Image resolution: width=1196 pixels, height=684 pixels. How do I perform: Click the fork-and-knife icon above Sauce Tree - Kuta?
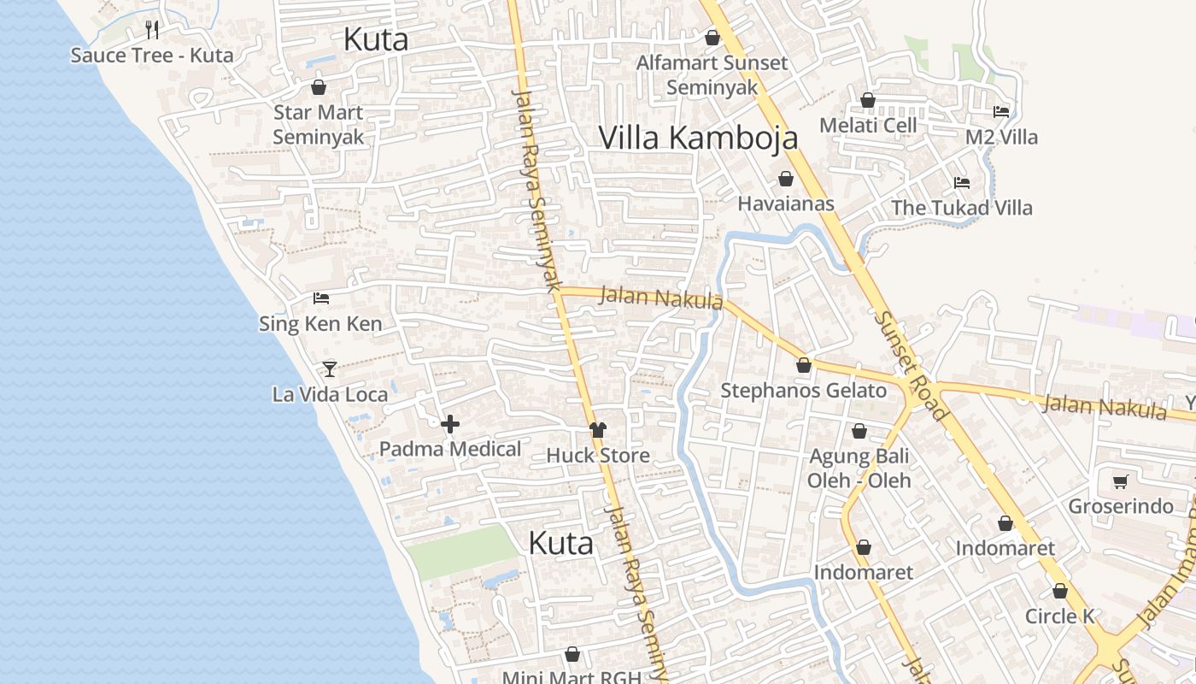(152, 30)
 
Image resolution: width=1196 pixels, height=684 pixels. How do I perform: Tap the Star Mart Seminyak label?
(318, 125)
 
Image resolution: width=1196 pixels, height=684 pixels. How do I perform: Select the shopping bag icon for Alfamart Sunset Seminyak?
(712, 38)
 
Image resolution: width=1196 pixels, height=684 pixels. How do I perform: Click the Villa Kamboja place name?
(698, 138)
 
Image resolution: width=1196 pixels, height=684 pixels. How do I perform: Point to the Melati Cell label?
(867, 125)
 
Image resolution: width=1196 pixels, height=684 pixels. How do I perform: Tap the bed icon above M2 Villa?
(1001, 111)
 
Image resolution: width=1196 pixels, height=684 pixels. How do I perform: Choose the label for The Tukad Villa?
(961, 208)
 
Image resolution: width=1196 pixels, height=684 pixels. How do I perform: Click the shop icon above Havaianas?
(785, 179)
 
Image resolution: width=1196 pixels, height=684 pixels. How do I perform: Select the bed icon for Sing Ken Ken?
(321, 298)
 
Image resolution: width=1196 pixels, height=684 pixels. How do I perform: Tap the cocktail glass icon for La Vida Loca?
(330, 369)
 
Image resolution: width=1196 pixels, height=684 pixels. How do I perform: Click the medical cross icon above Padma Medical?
(450, 423)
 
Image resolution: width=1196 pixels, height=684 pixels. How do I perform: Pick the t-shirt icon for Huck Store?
(598, 429)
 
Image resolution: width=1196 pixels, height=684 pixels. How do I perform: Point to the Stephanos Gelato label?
(803, 391)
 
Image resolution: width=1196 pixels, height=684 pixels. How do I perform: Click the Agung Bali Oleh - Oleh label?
(859, 468)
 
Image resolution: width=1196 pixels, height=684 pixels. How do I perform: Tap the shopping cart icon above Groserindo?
(1120, 481)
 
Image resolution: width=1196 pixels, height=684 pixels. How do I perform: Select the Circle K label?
(1059, 616)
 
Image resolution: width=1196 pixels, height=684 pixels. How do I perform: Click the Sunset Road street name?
(912, 365)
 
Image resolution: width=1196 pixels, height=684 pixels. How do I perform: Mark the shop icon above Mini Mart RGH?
(572, 654)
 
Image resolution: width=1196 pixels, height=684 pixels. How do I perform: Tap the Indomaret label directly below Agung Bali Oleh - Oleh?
(863, 572)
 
